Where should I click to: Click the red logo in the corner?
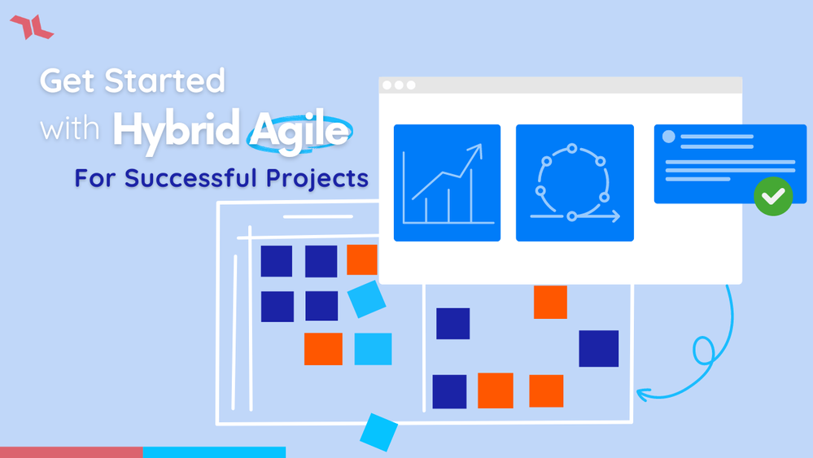click(x=32, y=27)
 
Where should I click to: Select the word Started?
click(x=165, y=81)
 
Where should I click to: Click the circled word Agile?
click(x=300, y=132)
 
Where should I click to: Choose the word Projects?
click(x=317, y=179)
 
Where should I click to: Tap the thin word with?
click(x=69, y=128)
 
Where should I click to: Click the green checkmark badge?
click(x=773, y=196)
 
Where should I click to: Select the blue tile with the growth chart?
click(x=447, y=183)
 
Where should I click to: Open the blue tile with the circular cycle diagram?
click(x=575, y=183)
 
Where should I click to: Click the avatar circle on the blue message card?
click(x=669, y=136)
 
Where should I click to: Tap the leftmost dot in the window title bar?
click(x=387, y=85)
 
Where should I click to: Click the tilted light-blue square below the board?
click(x=378, y=432)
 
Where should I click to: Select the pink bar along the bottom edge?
click(x=72, y=452)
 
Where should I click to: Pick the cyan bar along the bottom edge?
click(x=214, y=452)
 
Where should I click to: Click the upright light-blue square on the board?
click(x=373, y=349)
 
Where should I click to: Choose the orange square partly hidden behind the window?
click(x=362, y=260)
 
